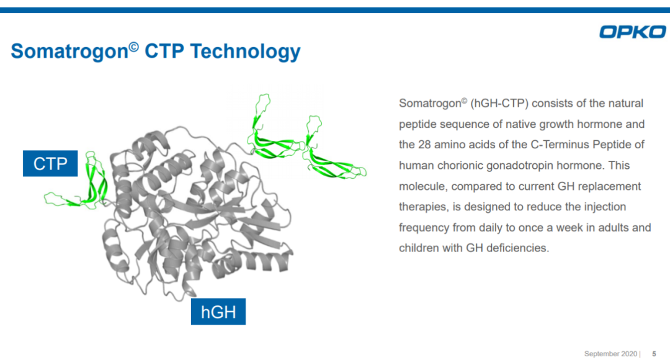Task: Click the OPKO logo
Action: pyautogui.click(x=632, y=32)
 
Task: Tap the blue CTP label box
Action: pyautogui.click(x=50, y=163)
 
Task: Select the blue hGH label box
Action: pyautogui.click(x=218, y=312)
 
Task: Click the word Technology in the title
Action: pyautogui.click(x=245, y=52)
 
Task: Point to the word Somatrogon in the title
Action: pyautogui.click(x=69, y=52)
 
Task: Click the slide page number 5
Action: pyautogui.click(x=654, y=354)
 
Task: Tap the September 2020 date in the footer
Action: pyautogui.click(x=610, y=354)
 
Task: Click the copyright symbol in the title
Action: pyautogui.click(x=134, y=46)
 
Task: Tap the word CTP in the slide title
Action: pyautogui.click(x=164, y=52)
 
